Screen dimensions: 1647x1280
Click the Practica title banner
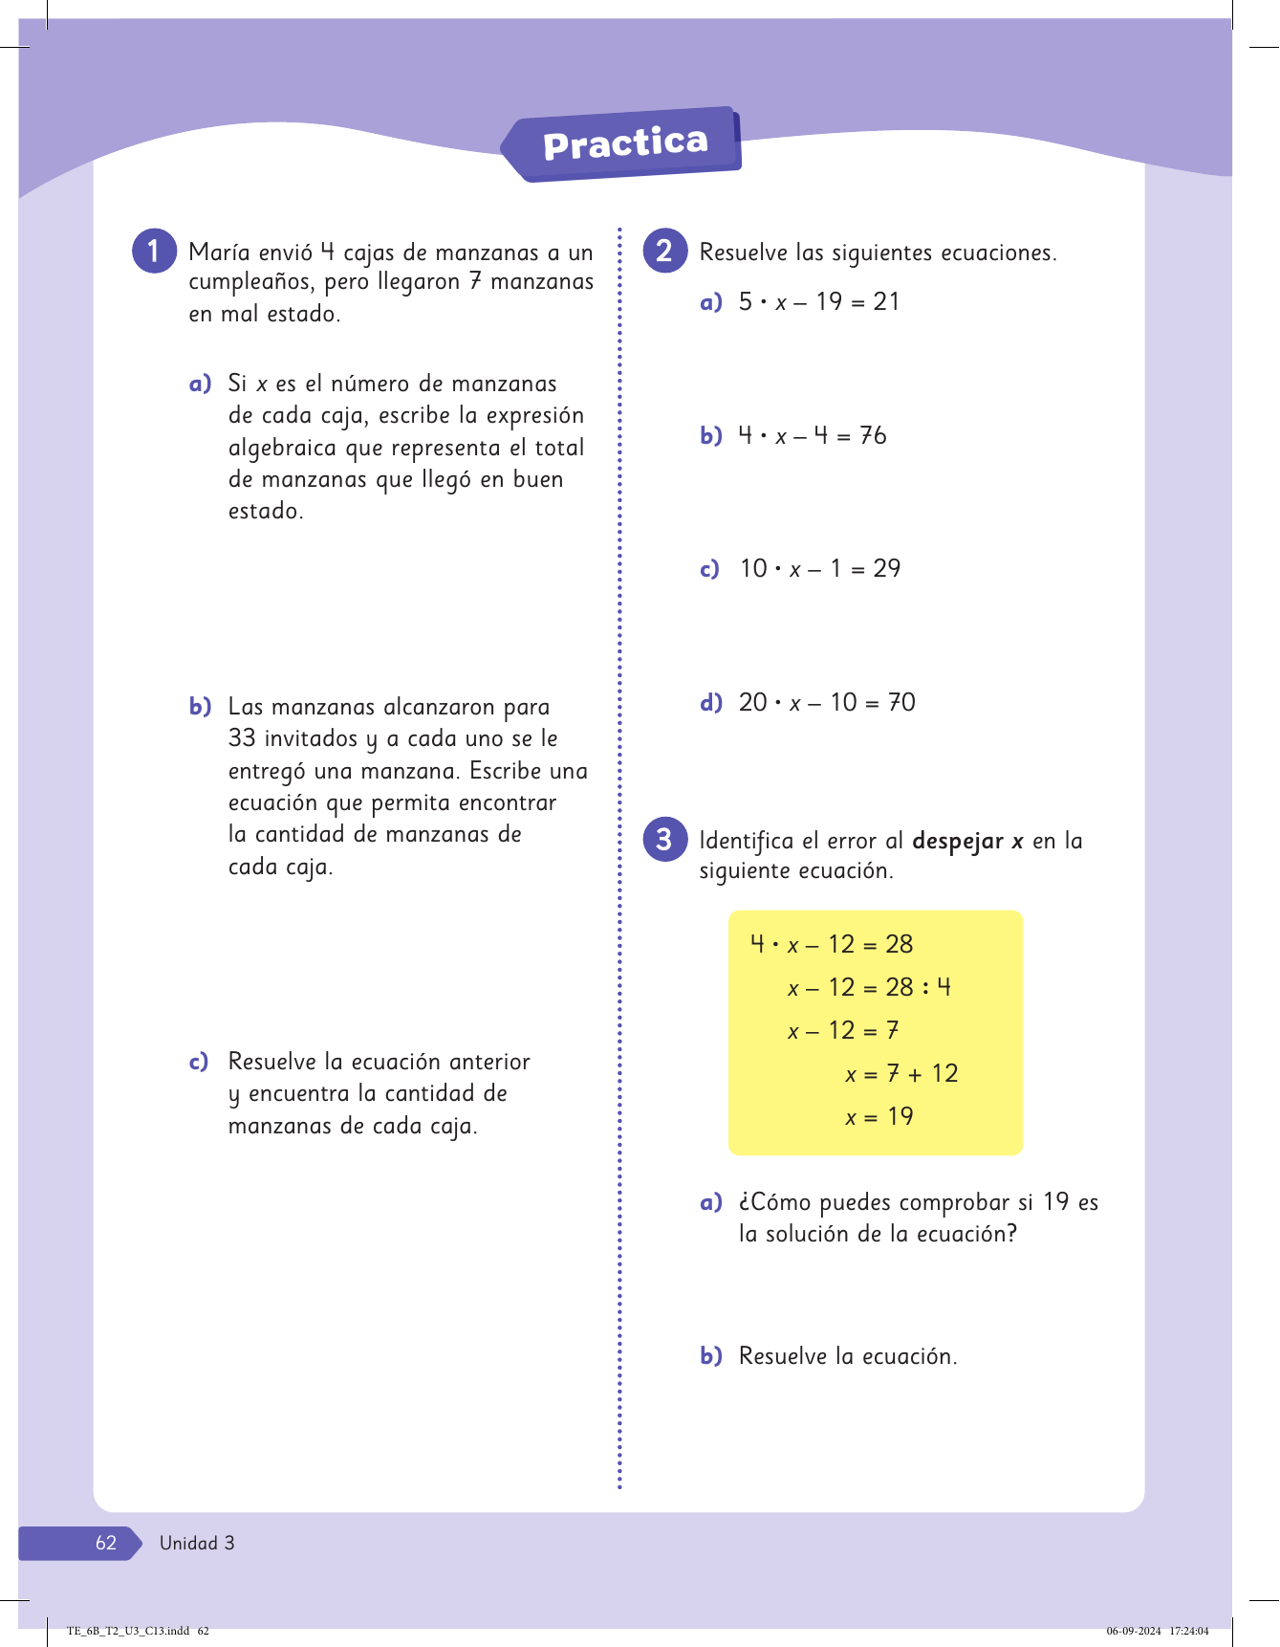(625, 143)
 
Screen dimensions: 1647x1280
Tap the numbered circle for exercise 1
(154, 251)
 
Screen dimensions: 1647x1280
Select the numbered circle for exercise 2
(665, 251)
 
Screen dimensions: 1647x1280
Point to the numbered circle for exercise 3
(665, 839)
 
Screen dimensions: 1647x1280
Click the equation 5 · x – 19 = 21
(819, 302)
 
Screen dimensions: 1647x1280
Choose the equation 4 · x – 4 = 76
(813, 436)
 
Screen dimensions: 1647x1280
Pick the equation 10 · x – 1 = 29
(820, 569)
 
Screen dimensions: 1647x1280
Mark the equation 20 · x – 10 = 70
(827, 703)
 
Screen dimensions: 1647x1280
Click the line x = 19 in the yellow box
(879, 1116)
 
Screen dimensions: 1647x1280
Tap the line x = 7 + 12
(900, 1073)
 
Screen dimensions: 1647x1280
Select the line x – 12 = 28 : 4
(869, 987)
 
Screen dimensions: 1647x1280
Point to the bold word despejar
(958, 842)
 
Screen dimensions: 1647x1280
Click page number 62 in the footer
(105, 1543)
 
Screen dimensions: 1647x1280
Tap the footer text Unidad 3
(197, 1543)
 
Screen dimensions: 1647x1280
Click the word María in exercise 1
(219, 253)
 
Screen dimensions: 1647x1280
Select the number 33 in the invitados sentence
(242, 738)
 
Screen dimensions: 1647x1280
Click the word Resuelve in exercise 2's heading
(744, 253)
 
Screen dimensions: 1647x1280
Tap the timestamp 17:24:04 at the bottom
(1188, 1631)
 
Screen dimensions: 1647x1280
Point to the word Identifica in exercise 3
(746, 842)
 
